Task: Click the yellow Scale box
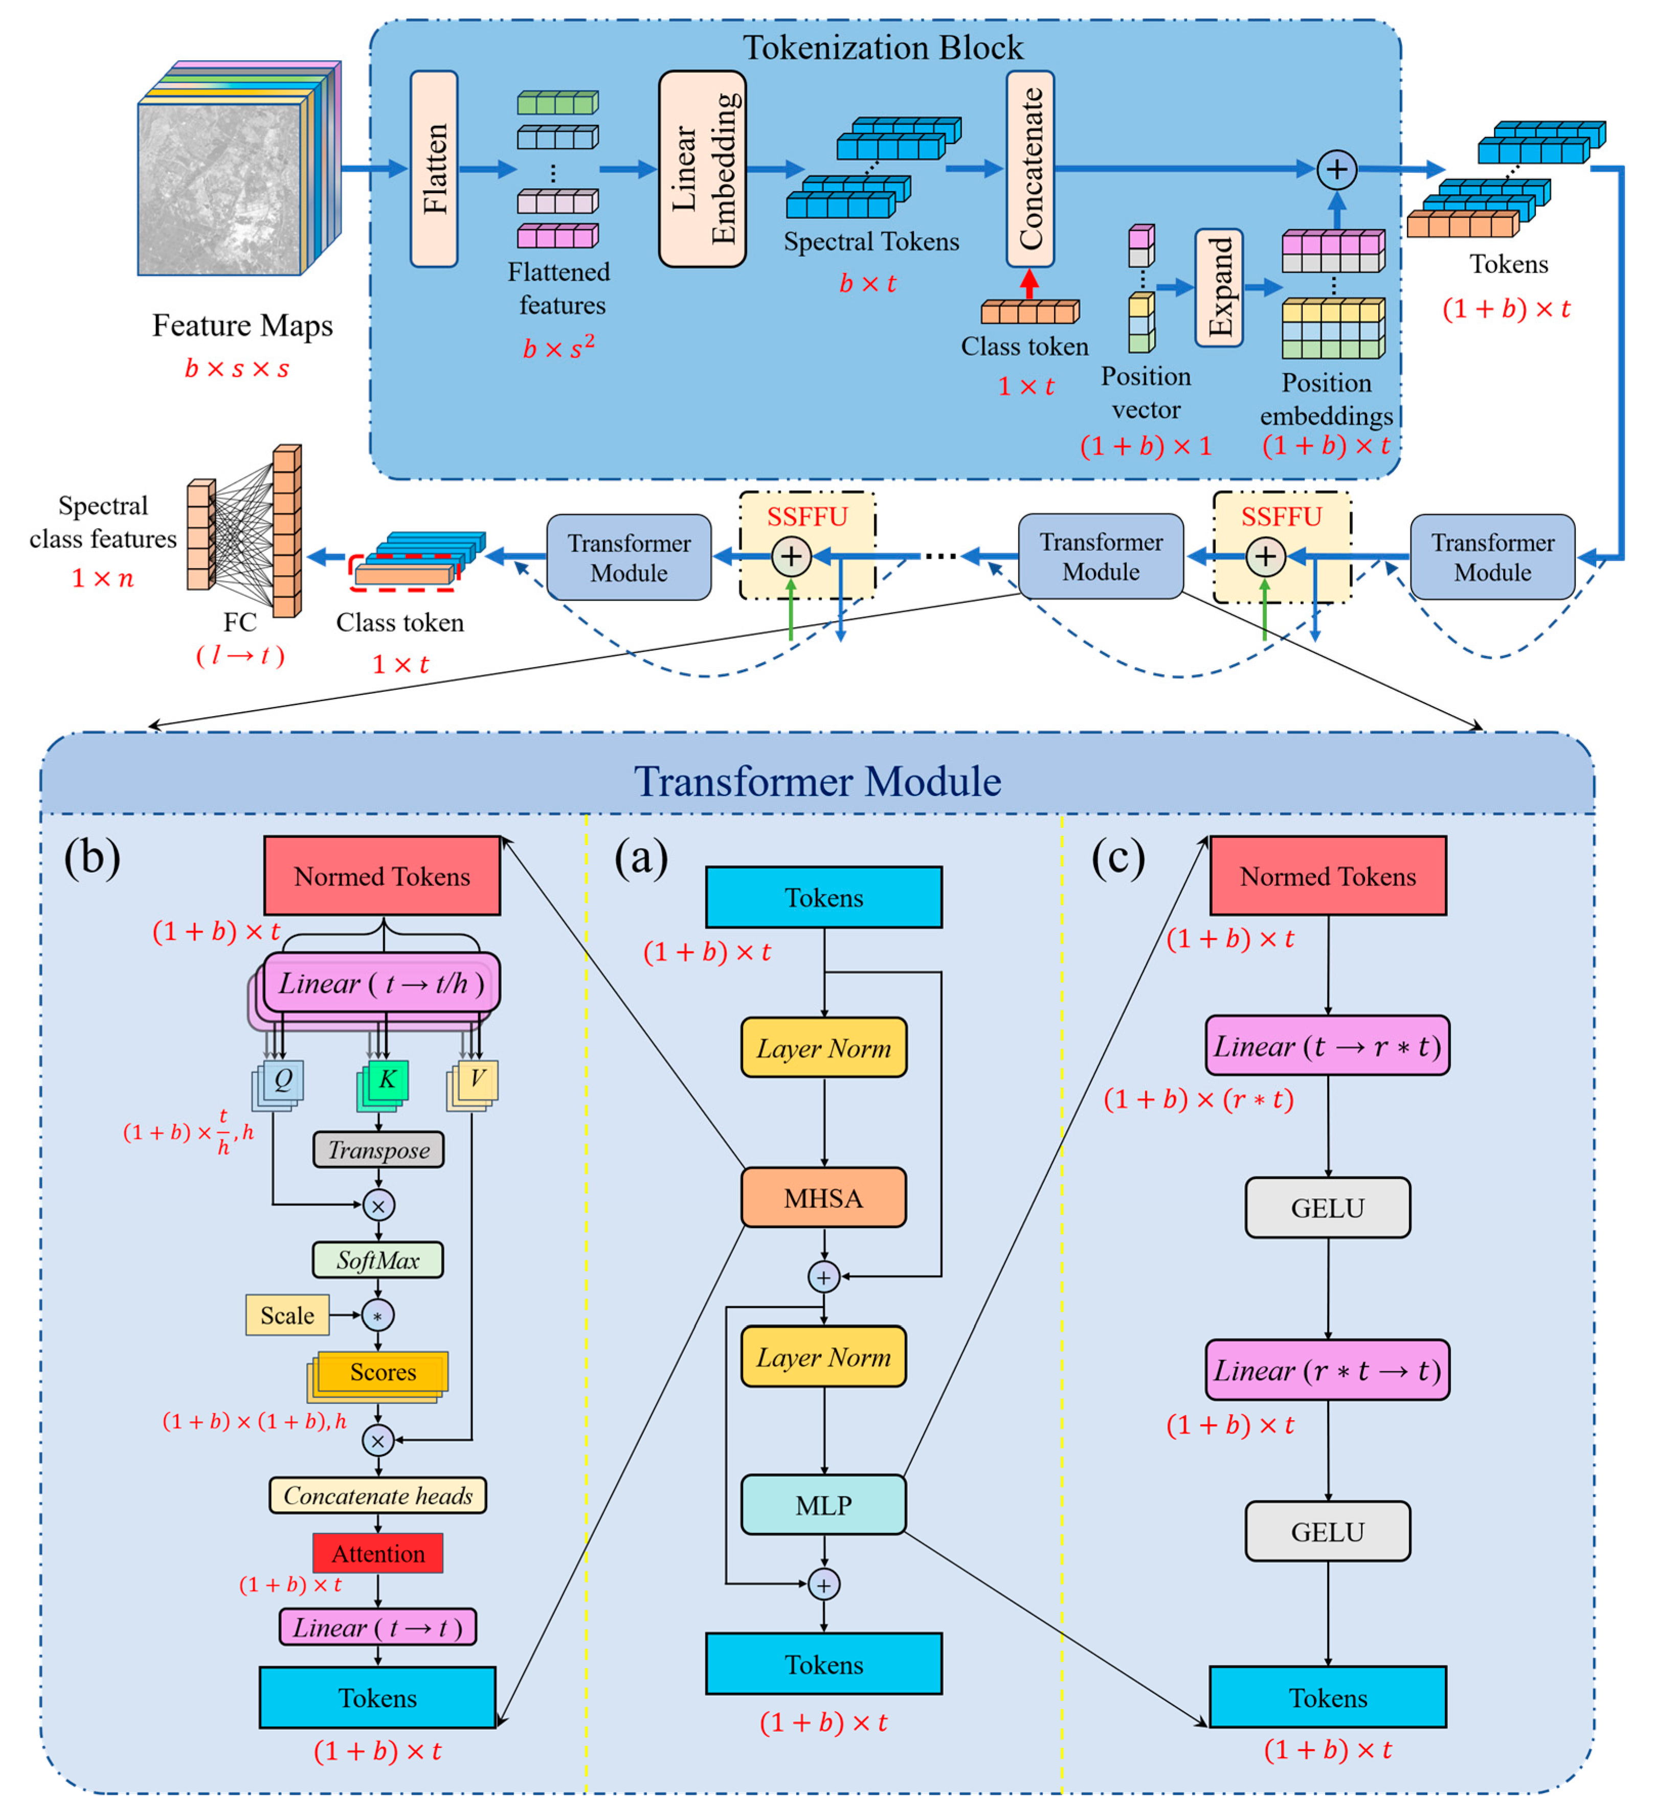[x=286, y=1315]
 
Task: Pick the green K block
[x=386, y=1080]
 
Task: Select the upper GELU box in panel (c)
[x=1327, y=1207]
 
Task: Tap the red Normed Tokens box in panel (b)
[x=382, y=876]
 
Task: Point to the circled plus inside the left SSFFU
[x=791, y=556]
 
